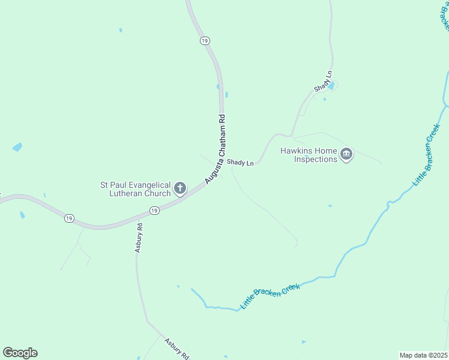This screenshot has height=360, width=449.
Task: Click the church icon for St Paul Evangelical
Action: (179, 190)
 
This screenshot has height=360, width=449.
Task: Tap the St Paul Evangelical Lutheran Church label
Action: (136, 190)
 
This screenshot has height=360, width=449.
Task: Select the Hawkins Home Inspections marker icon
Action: (346, 155)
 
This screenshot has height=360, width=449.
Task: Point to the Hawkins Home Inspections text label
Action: (309, 155)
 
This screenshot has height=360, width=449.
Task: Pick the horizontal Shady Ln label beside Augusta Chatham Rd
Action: (240, 163)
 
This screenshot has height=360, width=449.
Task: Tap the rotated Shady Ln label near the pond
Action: (323, 82)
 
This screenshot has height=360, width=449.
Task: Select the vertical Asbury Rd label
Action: (139, 238)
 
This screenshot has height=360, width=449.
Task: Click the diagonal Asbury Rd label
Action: (176, 347)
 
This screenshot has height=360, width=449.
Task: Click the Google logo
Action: (20, 353)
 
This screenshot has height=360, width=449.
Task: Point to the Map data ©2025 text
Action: (424, 355)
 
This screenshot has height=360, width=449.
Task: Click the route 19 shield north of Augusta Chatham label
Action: (205, 40)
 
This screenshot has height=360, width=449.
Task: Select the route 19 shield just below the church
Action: (154, 211)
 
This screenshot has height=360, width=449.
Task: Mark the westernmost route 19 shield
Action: (69, 218)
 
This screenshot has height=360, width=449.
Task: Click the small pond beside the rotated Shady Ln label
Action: (330, 86)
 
